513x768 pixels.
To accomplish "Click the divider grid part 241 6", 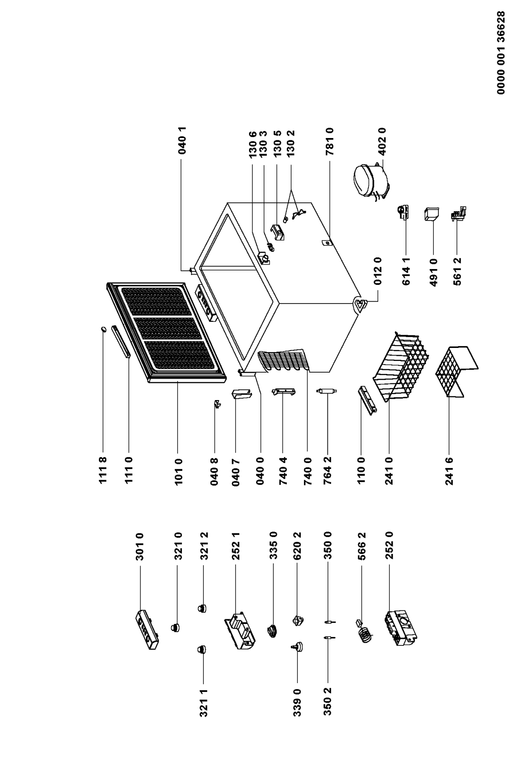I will pos(455,371).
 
